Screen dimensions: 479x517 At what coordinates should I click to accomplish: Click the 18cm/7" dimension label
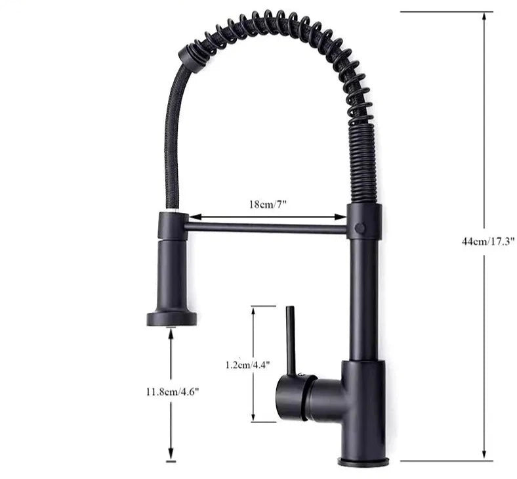tap(268, 204)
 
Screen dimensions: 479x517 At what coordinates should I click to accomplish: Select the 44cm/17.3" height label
tap(487, 241)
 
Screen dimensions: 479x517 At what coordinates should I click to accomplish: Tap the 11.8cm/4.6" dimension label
tap(172, 392)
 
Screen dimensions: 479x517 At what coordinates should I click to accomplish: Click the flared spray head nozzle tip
tap(171, 319)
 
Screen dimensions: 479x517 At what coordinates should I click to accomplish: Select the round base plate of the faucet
tap(363, 462)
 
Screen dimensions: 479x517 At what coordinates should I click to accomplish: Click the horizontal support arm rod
tap(266, 228)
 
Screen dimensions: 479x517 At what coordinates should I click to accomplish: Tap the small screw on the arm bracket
tap(359, 227)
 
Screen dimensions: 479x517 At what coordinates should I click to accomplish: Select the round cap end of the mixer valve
tap(286, 397)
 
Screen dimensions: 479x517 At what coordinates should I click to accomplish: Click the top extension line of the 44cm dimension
tap(446, 12)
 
